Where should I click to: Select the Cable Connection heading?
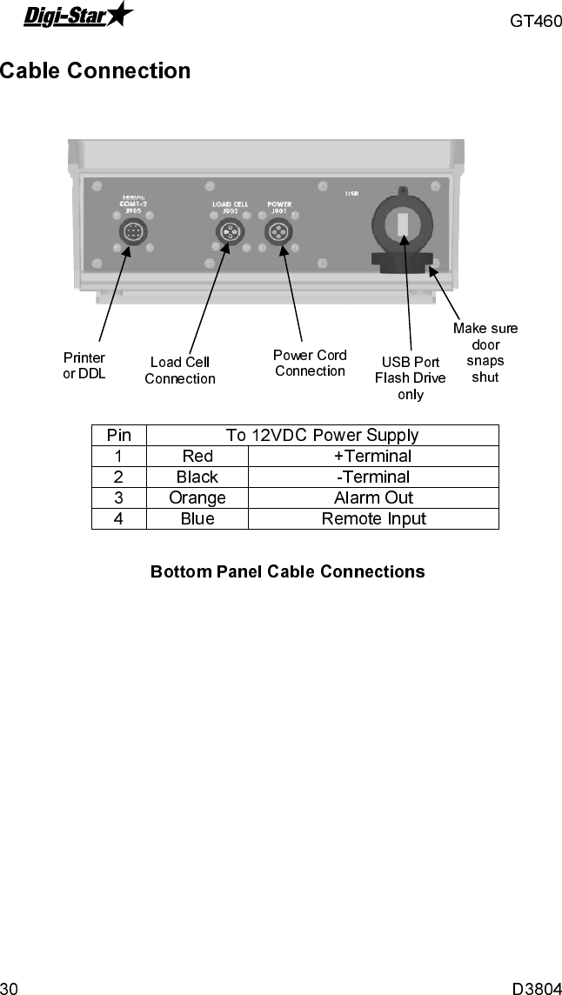(96, 71)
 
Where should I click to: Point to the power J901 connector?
(278, 233)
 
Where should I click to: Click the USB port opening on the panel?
(402, 225)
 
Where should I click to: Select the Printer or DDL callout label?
(84, 365)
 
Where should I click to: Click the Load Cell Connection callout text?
(180, 370)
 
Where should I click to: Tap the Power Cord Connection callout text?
(310, 363)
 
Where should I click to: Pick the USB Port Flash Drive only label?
(410, 377)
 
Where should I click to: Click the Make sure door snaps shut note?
(485, 352)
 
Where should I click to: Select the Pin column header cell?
(119, 435)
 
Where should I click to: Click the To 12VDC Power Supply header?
(322, 435)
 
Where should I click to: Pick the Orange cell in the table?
(197, 497)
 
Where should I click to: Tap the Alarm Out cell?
(373, 497)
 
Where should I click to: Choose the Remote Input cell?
(373, 519)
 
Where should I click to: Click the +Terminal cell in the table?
(373, 456)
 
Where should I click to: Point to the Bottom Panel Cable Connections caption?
(288, 572)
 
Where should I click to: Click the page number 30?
(10, 987)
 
